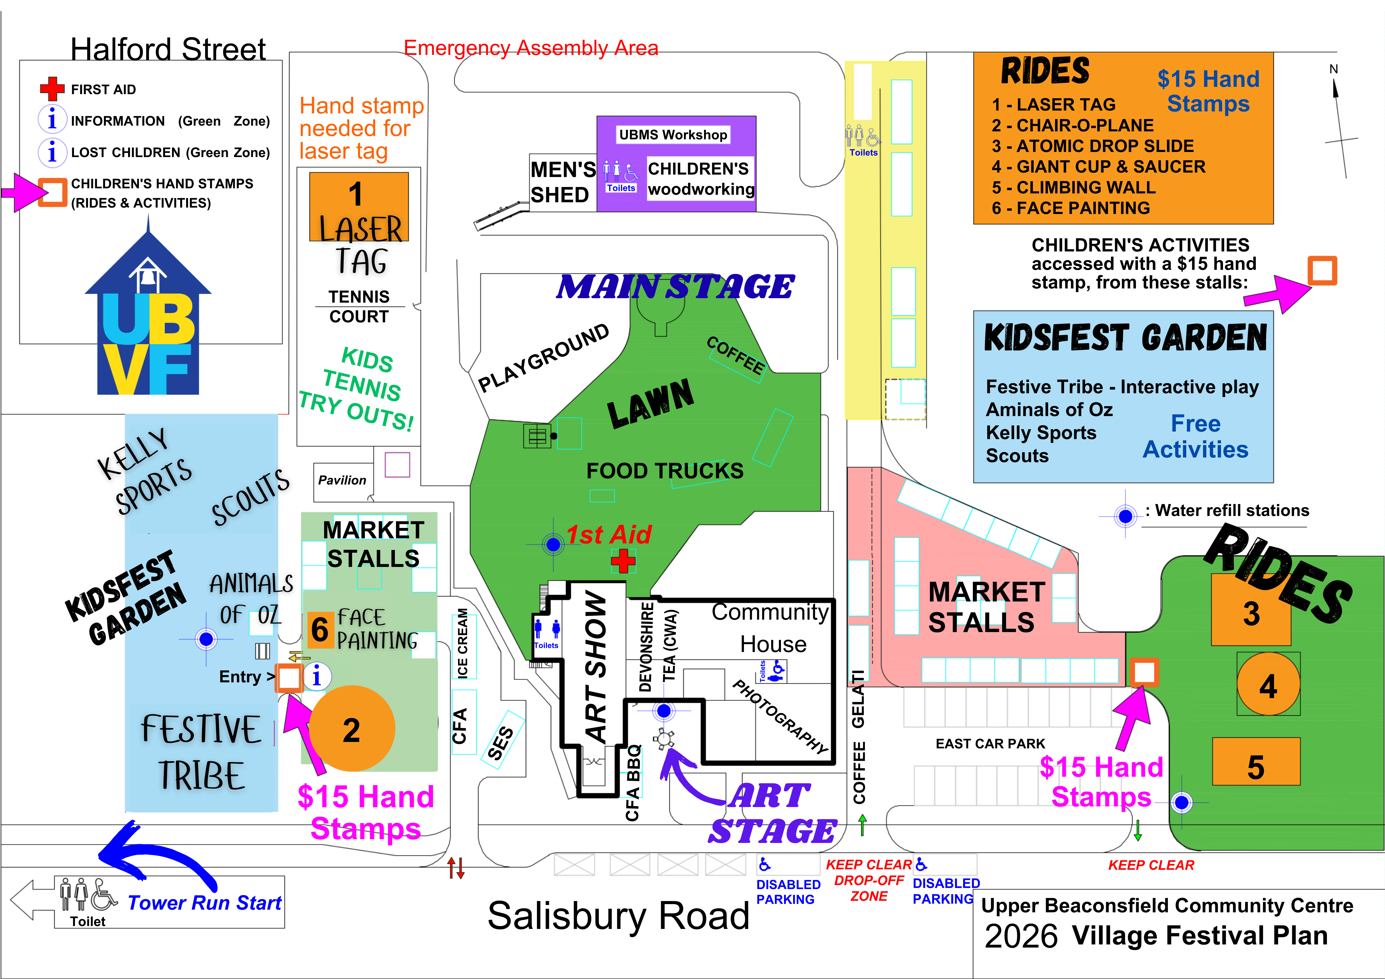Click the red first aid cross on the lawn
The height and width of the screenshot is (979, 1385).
623,561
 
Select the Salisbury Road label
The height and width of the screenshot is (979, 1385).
618,916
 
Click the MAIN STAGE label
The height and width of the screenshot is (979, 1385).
676,286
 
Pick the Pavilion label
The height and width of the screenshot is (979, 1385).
342,480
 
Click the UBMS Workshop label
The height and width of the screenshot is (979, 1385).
673,134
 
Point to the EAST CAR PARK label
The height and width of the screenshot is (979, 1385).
990,744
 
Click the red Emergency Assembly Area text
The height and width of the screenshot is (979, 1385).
531,48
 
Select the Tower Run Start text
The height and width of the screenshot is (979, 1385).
205,902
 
